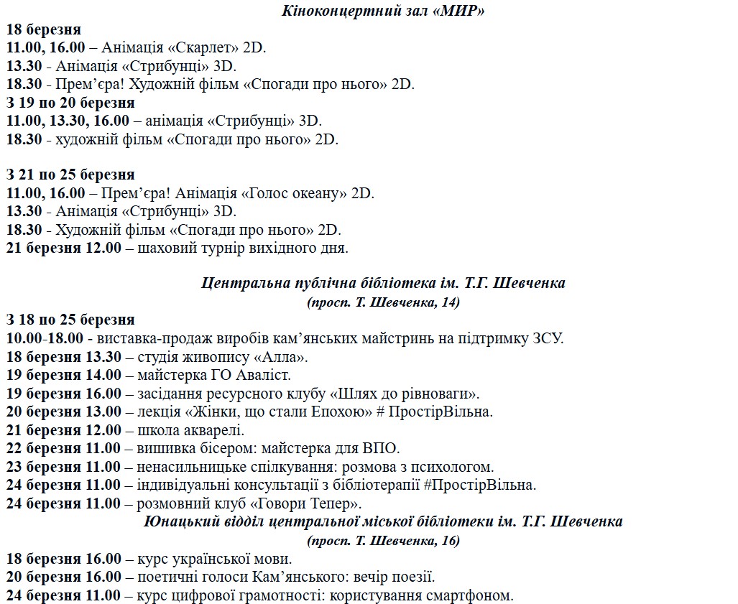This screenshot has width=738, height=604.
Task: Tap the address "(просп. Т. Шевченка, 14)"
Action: (383, 302)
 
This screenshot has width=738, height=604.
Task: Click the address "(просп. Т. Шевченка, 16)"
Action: (383, 540)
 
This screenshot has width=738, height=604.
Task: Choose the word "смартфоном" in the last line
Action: (471, 595)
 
